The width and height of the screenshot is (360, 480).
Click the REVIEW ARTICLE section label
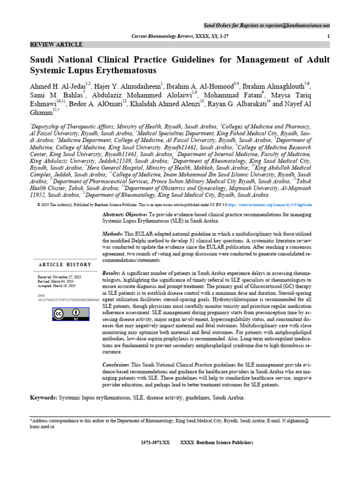pyautogui.click(x=56, y=45)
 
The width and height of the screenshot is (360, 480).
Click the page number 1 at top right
pyautogui.click(x=328, y=36)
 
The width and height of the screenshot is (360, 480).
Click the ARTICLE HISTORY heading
pyautogui.click(x=65, y=265)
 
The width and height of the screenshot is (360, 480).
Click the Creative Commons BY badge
pyautogui.click(x=65, y=314)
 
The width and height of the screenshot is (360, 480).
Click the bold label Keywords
pyautogui.click(x=44, y=397)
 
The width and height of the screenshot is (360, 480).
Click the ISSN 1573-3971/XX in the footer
pyautogui.click(x=155, y=442)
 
